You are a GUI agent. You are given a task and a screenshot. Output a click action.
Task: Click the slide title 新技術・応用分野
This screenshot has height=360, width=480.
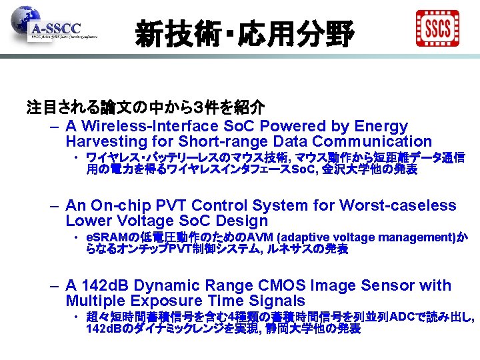(x=244, y=32)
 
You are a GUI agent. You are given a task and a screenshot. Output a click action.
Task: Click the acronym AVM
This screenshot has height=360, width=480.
(x=260, y=238)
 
